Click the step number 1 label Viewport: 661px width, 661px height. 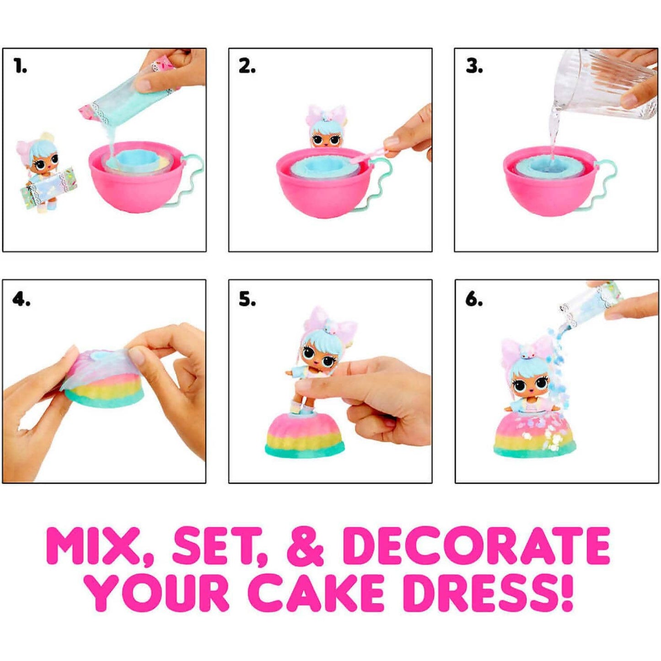20,67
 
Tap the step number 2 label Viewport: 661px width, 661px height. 247,67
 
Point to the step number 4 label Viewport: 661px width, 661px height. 21,300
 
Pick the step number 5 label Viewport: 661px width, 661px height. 247,300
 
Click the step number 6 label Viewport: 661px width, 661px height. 474,300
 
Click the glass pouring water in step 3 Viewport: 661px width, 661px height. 604,85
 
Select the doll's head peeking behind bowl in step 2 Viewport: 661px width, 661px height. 327,130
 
